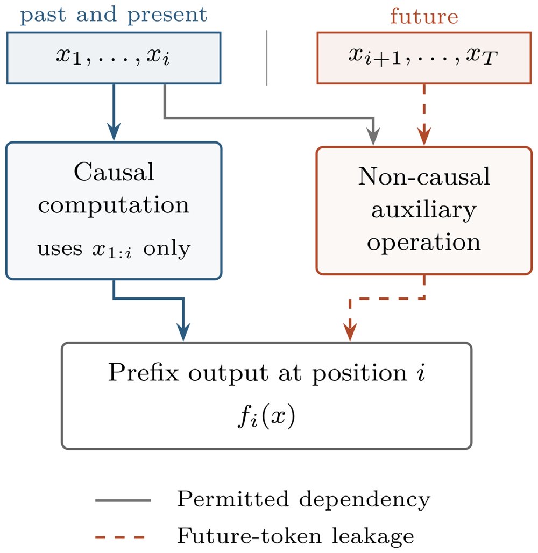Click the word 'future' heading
tap(424, 16)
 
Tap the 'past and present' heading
tap(114, 15)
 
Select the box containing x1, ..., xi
tap(114, 58)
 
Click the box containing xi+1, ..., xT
tap(424, 58)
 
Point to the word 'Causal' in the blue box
tap(114, 172)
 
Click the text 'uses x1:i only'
tap(114, 249)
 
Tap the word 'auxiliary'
tap(424, 210)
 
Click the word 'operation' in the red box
tap(424, 242)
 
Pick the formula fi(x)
tap(266, 417)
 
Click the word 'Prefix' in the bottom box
tap(144, 372)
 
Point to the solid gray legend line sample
tap(123, 500)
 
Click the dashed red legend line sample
tap(120, 537)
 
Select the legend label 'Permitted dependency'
tap(303, 499)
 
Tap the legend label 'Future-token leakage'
tap(296, 536)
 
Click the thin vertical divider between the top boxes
tap(267, 58)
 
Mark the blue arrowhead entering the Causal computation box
tap(114, 132)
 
